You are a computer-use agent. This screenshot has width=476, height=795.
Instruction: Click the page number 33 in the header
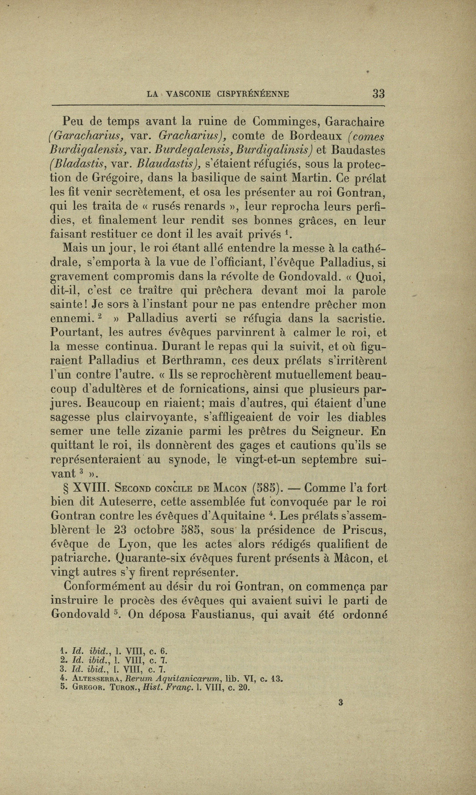pos(378,93)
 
